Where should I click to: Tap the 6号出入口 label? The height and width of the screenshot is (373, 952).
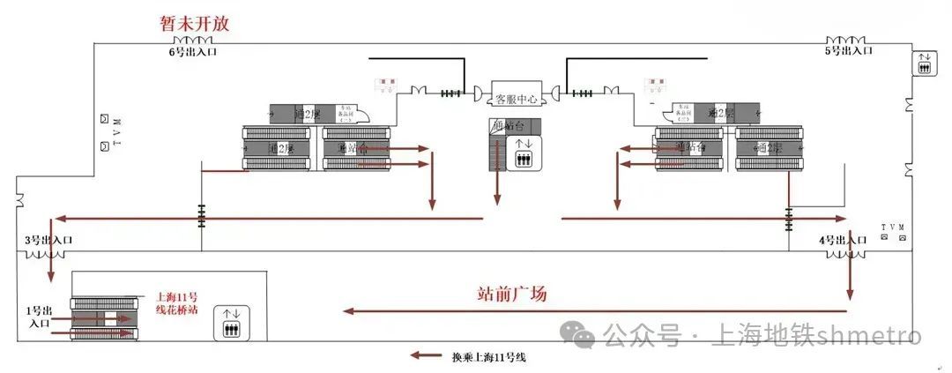click(x=193, y=52)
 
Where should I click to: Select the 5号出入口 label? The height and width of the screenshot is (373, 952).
click(x=848, y=51)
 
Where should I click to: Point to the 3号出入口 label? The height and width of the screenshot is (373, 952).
click(x=48, y=239)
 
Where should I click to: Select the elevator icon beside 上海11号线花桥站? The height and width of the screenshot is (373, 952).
click(x=231, y=323)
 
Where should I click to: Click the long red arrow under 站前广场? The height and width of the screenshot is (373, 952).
click(x=595, y=310)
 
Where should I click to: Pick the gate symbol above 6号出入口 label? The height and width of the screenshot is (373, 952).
click(x=192, y=41)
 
